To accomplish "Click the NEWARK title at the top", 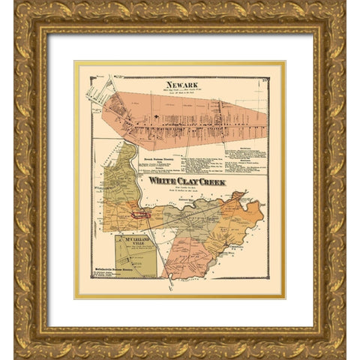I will (x=182, y=85).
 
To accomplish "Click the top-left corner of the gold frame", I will (x=16, y=16).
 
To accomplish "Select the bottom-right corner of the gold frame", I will (x=343, y=343).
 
